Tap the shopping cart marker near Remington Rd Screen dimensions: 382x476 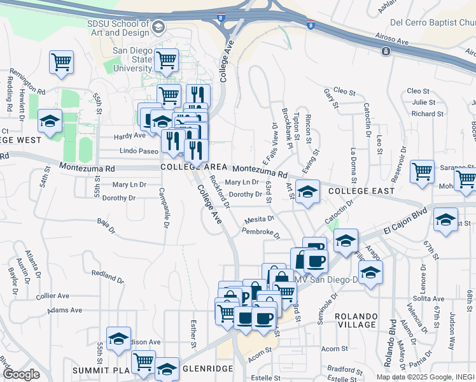[x=62, y=62]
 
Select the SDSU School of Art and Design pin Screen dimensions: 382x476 [x=158, y=27]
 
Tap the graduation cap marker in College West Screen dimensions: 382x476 [x=50, y=121]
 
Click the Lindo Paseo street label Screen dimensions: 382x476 [x=139, y=152]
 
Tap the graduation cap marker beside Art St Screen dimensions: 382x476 [x=307, y=191]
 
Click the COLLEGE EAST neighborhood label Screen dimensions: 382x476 [x=361, y=191]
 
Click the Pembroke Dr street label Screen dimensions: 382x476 [x=260, y=233]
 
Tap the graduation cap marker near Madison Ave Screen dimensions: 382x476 [x=118, y=339]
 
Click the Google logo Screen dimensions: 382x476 [x=21, y=374]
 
